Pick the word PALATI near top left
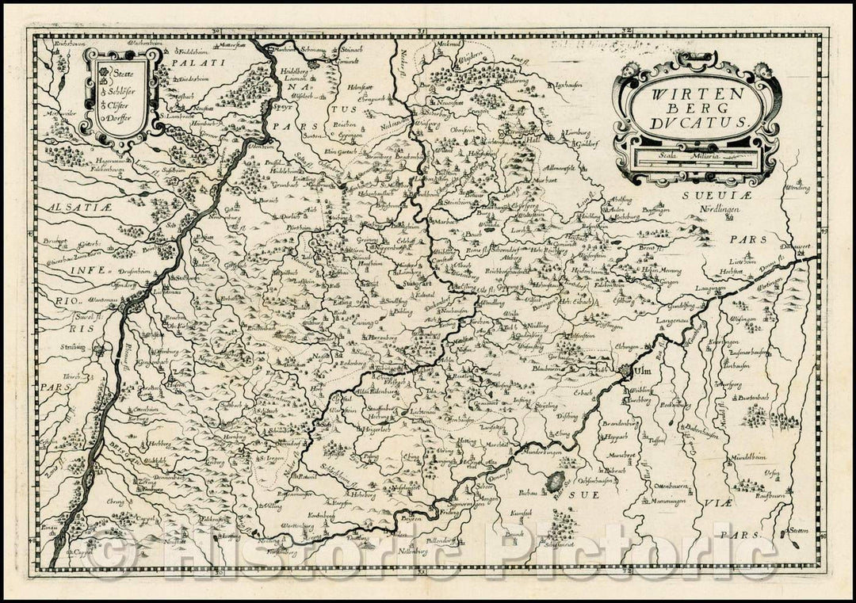tap(189, 59)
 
